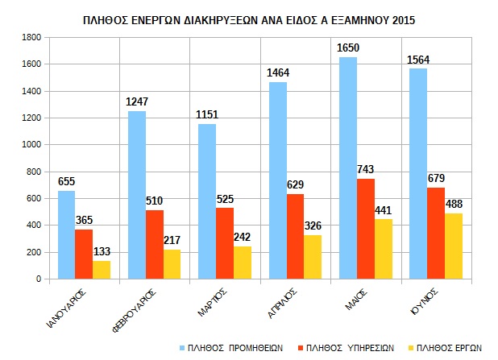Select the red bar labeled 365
(x=84, y=254)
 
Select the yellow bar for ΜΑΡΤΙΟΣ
(x=242, y=263)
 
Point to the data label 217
(x=171, y=240)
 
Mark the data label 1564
(x=417, y=60)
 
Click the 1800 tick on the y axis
(x=31, y=38)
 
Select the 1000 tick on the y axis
(x=31, y=145)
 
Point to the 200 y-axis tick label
(x=35, y=252)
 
